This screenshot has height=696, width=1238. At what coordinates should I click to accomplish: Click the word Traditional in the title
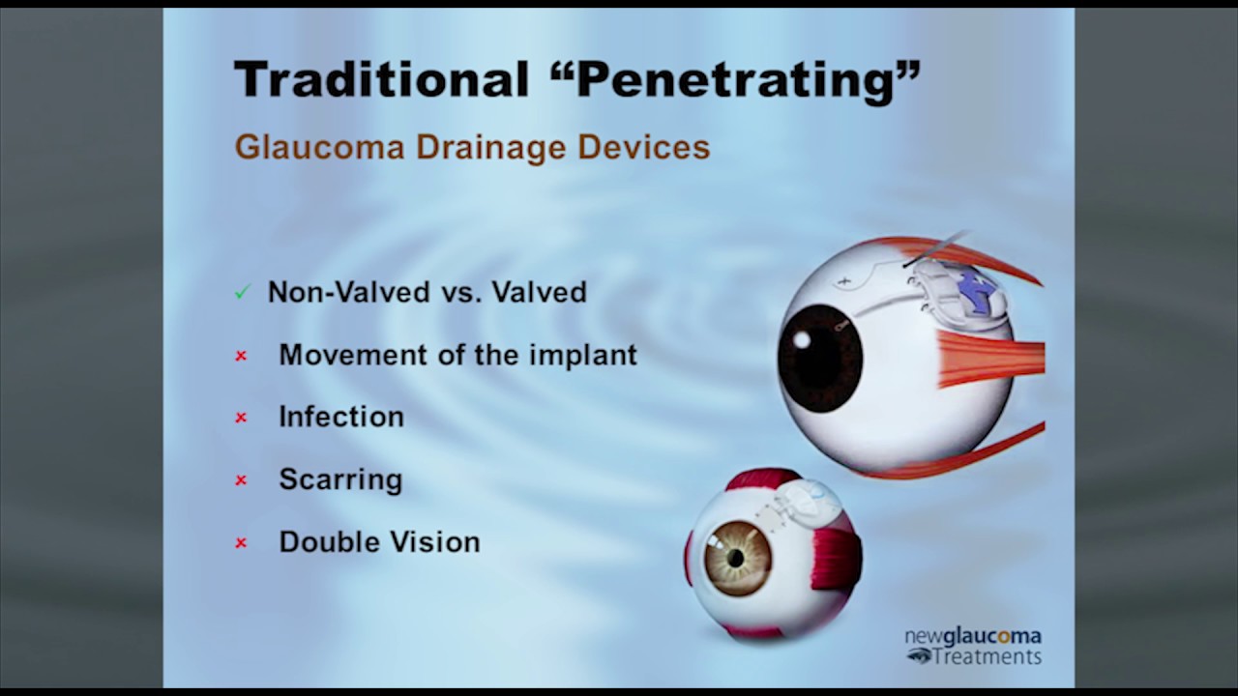[x=381, y=79]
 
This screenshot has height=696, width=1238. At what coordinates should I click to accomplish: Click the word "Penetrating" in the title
[x=746, y=79]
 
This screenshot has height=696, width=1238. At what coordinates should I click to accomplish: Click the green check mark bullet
[x=242, y=292]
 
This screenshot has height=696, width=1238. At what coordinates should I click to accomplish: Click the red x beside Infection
[x=241, y=418]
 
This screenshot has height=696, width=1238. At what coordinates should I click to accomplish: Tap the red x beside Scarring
[x=241, y=480]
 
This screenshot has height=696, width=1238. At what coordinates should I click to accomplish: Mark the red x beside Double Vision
[x=241, y=543]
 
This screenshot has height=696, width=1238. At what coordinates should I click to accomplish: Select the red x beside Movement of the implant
[x=241, y=356]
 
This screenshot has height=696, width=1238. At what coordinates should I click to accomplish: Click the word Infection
[x=341, y=417]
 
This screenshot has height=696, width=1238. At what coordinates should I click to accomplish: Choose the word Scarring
[x=340, y=479]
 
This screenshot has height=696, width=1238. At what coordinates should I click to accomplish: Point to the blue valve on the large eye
[x=976, y=291]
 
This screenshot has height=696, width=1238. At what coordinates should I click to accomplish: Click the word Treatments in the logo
[x=987, y=656]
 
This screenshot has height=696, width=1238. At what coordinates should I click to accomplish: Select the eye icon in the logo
[x=919, y=656]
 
